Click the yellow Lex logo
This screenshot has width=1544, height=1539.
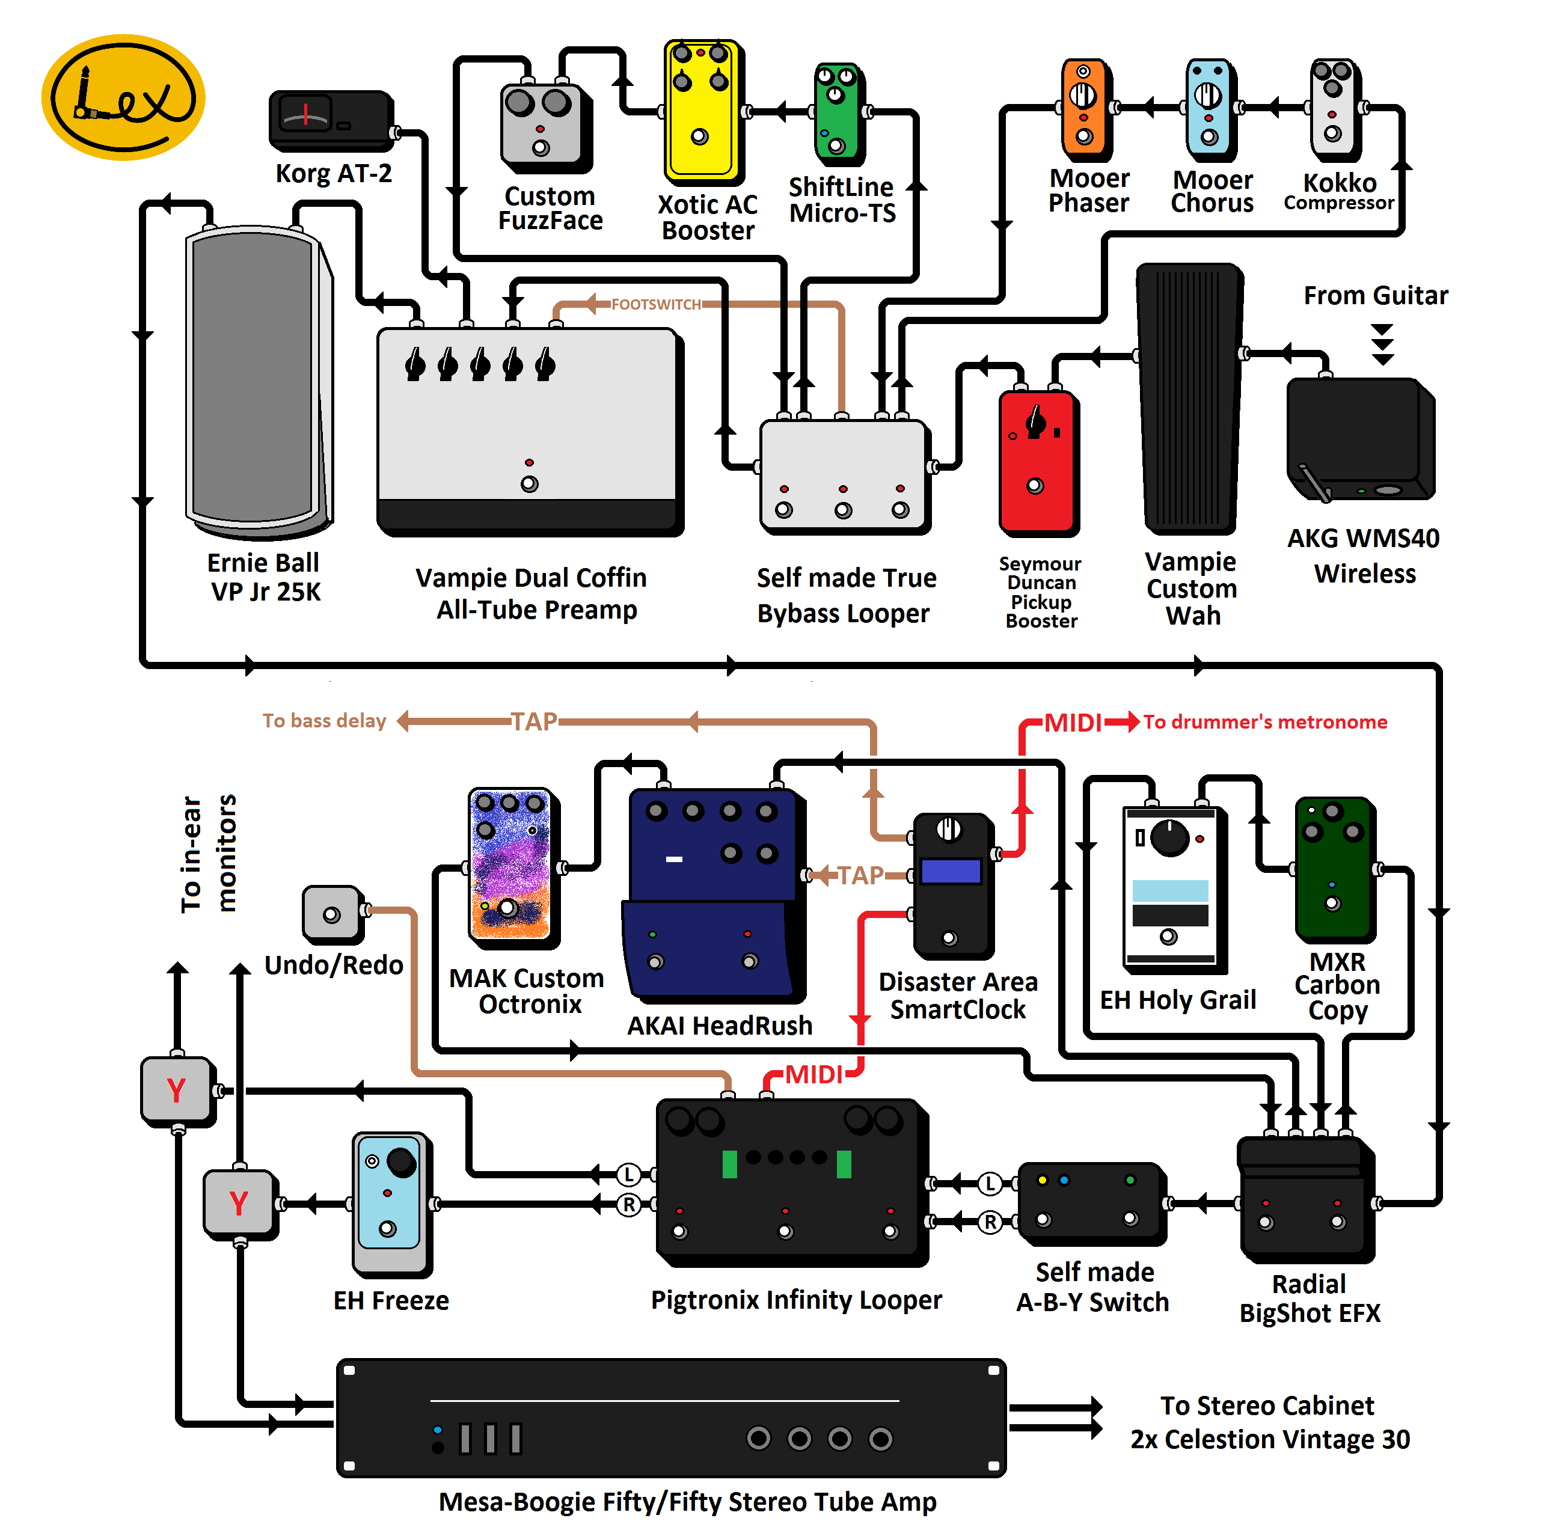click(x=123, y=97)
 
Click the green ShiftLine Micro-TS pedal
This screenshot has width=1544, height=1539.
click(x=837, y=112)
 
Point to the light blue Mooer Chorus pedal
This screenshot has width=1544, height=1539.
click(x=1209, y=107)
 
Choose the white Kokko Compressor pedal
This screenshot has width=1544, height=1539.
click(x=1333, y=107)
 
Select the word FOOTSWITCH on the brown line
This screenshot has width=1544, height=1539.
click(x=655, y=304)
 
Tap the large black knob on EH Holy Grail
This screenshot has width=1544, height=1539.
click(x=1170, y=837)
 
